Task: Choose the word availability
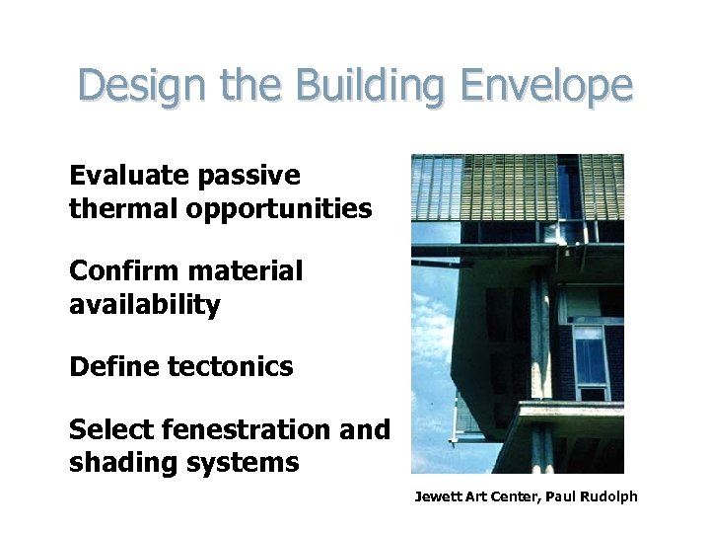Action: pos(145,305)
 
